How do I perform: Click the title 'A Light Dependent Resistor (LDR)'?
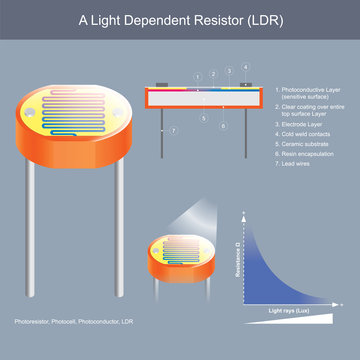point(180,21)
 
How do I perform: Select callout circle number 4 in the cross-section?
point(230,69)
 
